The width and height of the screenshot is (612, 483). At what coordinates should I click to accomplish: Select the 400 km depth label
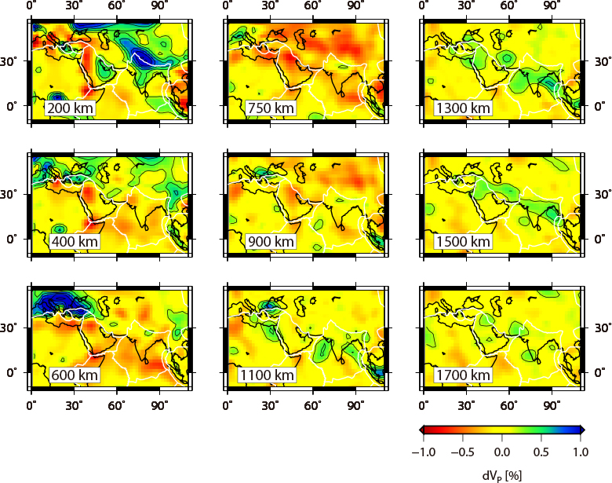click(x=74, y=242)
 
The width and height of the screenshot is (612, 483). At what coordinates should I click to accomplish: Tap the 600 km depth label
click(x=74, y=375)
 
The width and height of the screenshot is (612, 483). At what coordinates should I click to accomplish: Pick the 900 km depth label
click(x=268, y=242)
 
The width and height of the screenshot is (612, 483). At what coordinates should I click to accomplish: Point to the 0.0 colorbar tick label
click(x=502, y=453)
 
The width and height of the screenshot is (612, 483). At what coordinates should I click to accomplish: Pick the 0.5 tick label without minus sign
click(x=541, y=453)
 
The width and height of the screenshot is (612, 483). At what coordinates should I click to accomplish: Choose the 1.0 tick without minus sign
click(x=580, y=453)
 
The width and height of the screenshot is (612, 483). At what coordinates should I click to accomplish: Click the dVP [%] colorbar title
click(x=502, y=474)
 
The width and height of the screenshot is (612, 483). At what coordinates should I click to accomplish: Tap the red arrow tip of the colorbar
click(x=421, y=430)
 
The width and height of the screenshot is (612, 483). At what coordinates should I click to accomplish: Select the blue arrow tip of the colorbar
click(x=583, y=430)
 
